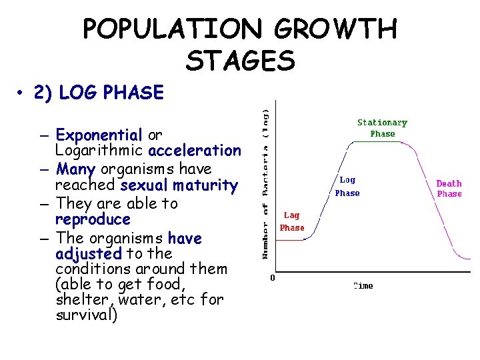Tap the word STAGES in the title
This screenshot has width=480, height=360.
coord(240,61)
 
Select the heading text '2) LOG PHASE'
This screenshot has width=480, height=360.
coord(111,93)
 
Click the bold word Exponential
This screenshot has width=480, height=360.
coord(99,135)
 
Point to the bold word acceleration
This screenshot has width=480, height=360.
coord(195,151)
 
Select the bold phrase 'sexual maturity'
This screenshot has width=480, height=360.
coord(179,185)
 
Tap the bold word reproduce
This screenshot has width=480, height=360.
coord(93,219)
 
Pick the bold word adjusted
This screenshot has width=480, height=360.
coord(89,254)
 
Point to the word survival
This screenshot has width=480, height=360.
coord(85,315)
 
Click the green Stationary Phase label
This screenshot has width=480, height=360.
coord(382,128)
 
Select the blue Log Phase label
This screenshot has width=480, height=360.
coord(347,187)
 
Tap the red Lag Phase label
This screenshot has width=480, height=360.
coord(291,221)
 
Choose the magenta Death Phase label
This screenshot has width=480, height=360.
coord(449,189)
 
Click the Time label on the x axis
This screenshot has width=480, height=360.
coord(363,286)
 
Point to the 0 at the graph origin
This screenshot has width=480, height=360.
coord(272,278)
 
